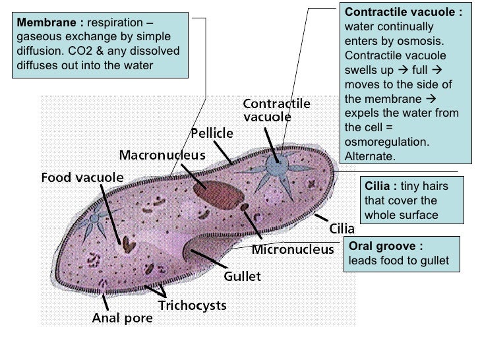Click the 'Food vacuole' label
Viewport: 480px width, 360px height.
[82, 177]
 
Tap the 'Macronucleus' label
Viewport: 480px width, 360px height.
[162, 155]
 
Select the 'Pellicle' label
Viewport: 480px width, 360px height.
[212, 134]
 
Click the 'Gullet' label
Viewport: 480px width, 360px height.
[243, 276]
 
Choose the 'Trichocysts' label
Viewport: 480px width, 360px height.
[192, 305]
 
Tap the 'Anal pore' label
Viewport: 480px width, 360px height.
[122, 318]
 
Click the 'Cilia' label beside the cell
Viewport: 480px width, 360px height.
[342, 229]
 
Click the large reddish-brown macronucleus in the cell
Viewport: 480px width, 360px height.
[218, 192]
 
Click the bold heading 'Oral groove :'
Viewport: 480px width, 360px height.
[386, 247]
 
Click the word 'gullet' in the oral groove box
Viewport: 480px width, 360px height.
[434, 260]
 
